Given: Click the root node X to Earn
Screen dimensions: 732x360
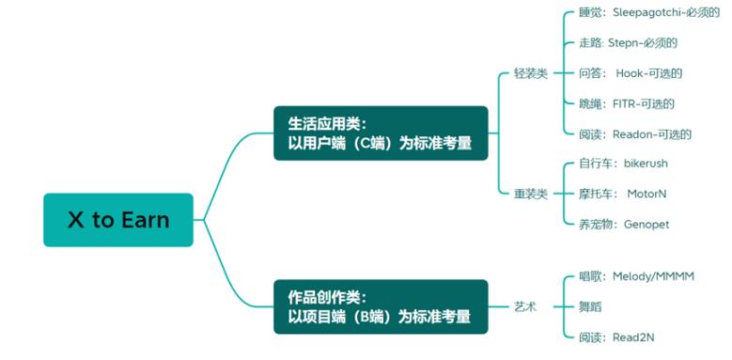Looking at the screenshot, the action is pos(118,220).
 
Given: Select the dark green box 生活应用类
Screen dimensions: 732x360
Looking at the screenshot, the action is pos(381,133).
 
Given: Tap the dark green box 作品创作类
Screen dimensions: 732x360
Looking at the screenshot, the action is pos(381,305).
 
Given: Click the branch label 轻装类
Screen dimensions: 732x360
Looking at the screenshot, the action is pos(530,73).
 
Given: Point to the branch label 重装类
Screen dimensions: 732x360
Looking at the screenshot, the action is pos(530,194).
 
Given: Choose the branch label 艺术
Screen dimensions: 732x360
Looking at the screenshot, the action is pos(524,306).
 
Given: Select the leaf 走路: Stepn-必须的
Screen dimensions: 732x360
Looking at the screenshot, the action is pos(628,43).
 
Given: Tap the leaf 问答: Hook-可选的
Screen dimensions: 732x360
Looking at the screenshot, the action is pos(630,73).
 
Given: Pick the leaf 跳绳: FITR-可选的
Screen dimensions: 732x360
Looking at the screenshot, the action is pos(626,103).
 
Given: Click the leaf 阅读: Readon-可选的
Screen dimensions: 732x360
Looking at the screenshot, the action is pos(635,133).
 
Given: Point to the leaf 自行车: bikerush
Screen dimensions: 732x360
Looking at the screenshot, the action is pos(623,164).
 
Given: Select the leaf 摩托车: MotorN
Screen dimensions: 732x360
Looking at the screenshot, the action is pos(622,194).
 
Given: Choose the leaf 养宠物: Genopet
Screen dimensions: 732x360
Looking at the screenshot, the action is pos(624,224).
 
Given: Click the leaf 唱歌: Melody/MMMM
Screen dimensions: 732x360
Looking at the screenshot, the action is pos(635,276).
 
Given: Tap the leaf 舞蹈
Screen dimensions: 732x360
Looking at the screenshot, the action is pos(592,306).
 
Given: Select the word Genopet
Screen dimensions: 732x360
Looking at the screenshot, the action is pos(646,224).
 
